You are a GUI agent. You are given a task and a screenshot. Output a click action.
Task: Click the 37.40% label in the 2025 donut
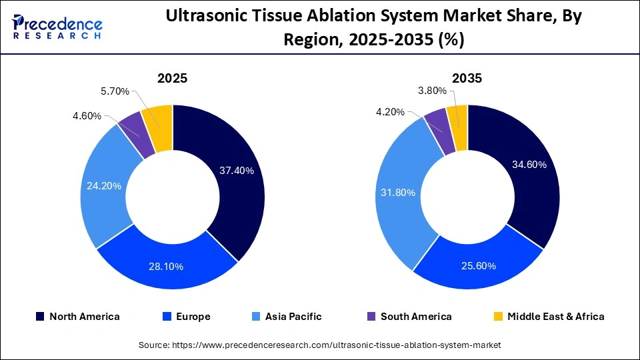(x=236, y=171)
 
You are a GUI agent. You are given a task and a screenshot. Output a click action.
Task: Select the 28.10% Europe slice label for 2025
(x=165, y=267)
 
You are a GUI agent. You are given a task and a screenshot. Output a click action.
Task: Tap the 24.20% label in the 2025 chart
(x=103, y=186)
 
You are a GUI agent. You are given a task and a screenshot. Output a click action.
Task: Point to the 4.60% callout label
(x=87, y=116)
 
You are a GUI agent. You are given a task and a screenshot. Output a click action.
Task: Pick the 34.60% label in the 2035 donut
(x=528, y=164)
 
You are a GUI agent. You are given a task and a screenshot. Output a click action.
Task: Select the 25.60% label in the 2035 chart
(x=477, y=266)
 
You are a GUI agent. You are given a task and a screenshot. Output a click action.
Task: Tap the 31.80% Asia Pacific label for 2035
(x=397, y=193)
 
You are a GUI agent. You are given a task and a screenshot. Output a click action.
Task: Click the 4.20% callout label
(x=390, y=112)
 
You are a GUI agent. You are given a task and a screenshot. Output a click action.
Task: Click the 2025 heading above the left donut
(x=172, y=78)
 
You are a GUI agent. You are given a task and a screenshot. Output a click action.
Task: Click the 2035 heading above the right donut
(x=467, y=78)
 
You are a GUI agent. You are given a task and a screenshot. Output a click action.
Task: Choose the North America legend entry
(x=77, y=317)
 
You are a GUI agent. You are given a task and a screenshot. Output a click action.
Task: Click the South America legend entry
(x=408, y=317)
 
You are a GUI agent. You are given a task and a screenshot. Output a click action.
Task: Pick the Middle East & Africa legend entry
(x=548, y=317)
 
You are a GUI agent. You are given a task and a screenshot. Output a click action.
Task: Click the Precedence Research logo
(x=57, y=27)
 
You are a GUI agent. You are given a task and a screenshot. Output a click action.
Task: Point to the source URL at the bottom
(x=319, y=345)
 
